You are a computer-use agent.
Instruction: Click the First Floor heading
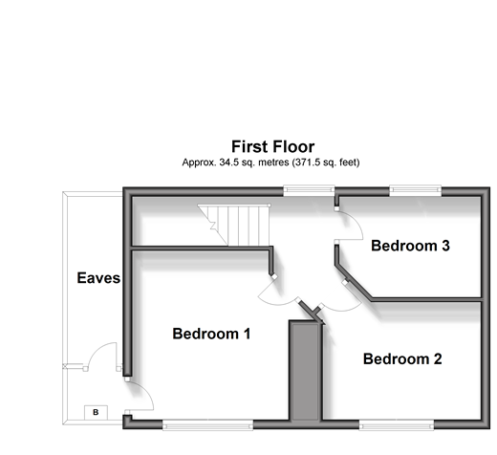[x=273, y=147]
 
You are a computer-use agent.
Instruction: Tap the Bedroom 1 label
[x=211, y=334]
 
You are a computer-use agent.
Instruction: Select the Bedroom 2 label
[x=402, y=359]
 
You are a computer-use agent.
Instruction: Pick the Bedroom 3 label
[x=410, y=246]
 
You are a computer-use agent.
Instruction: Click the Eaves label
[x=98, y=278]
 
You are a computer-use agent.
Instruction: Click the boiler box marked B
[x=96, y=412]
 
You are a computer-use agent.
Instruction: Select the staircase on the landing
[x=235, y=225]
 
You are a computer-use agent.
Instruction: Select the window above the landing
[x=309, y=190]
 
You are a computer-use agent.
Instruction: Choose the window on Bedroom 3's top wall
[x=415, y=190]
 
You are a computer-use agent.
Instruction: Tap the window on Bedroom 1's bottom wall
[x=207, y=425]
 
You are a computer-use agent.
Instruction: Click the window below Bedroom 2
[x=397, y=425]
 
